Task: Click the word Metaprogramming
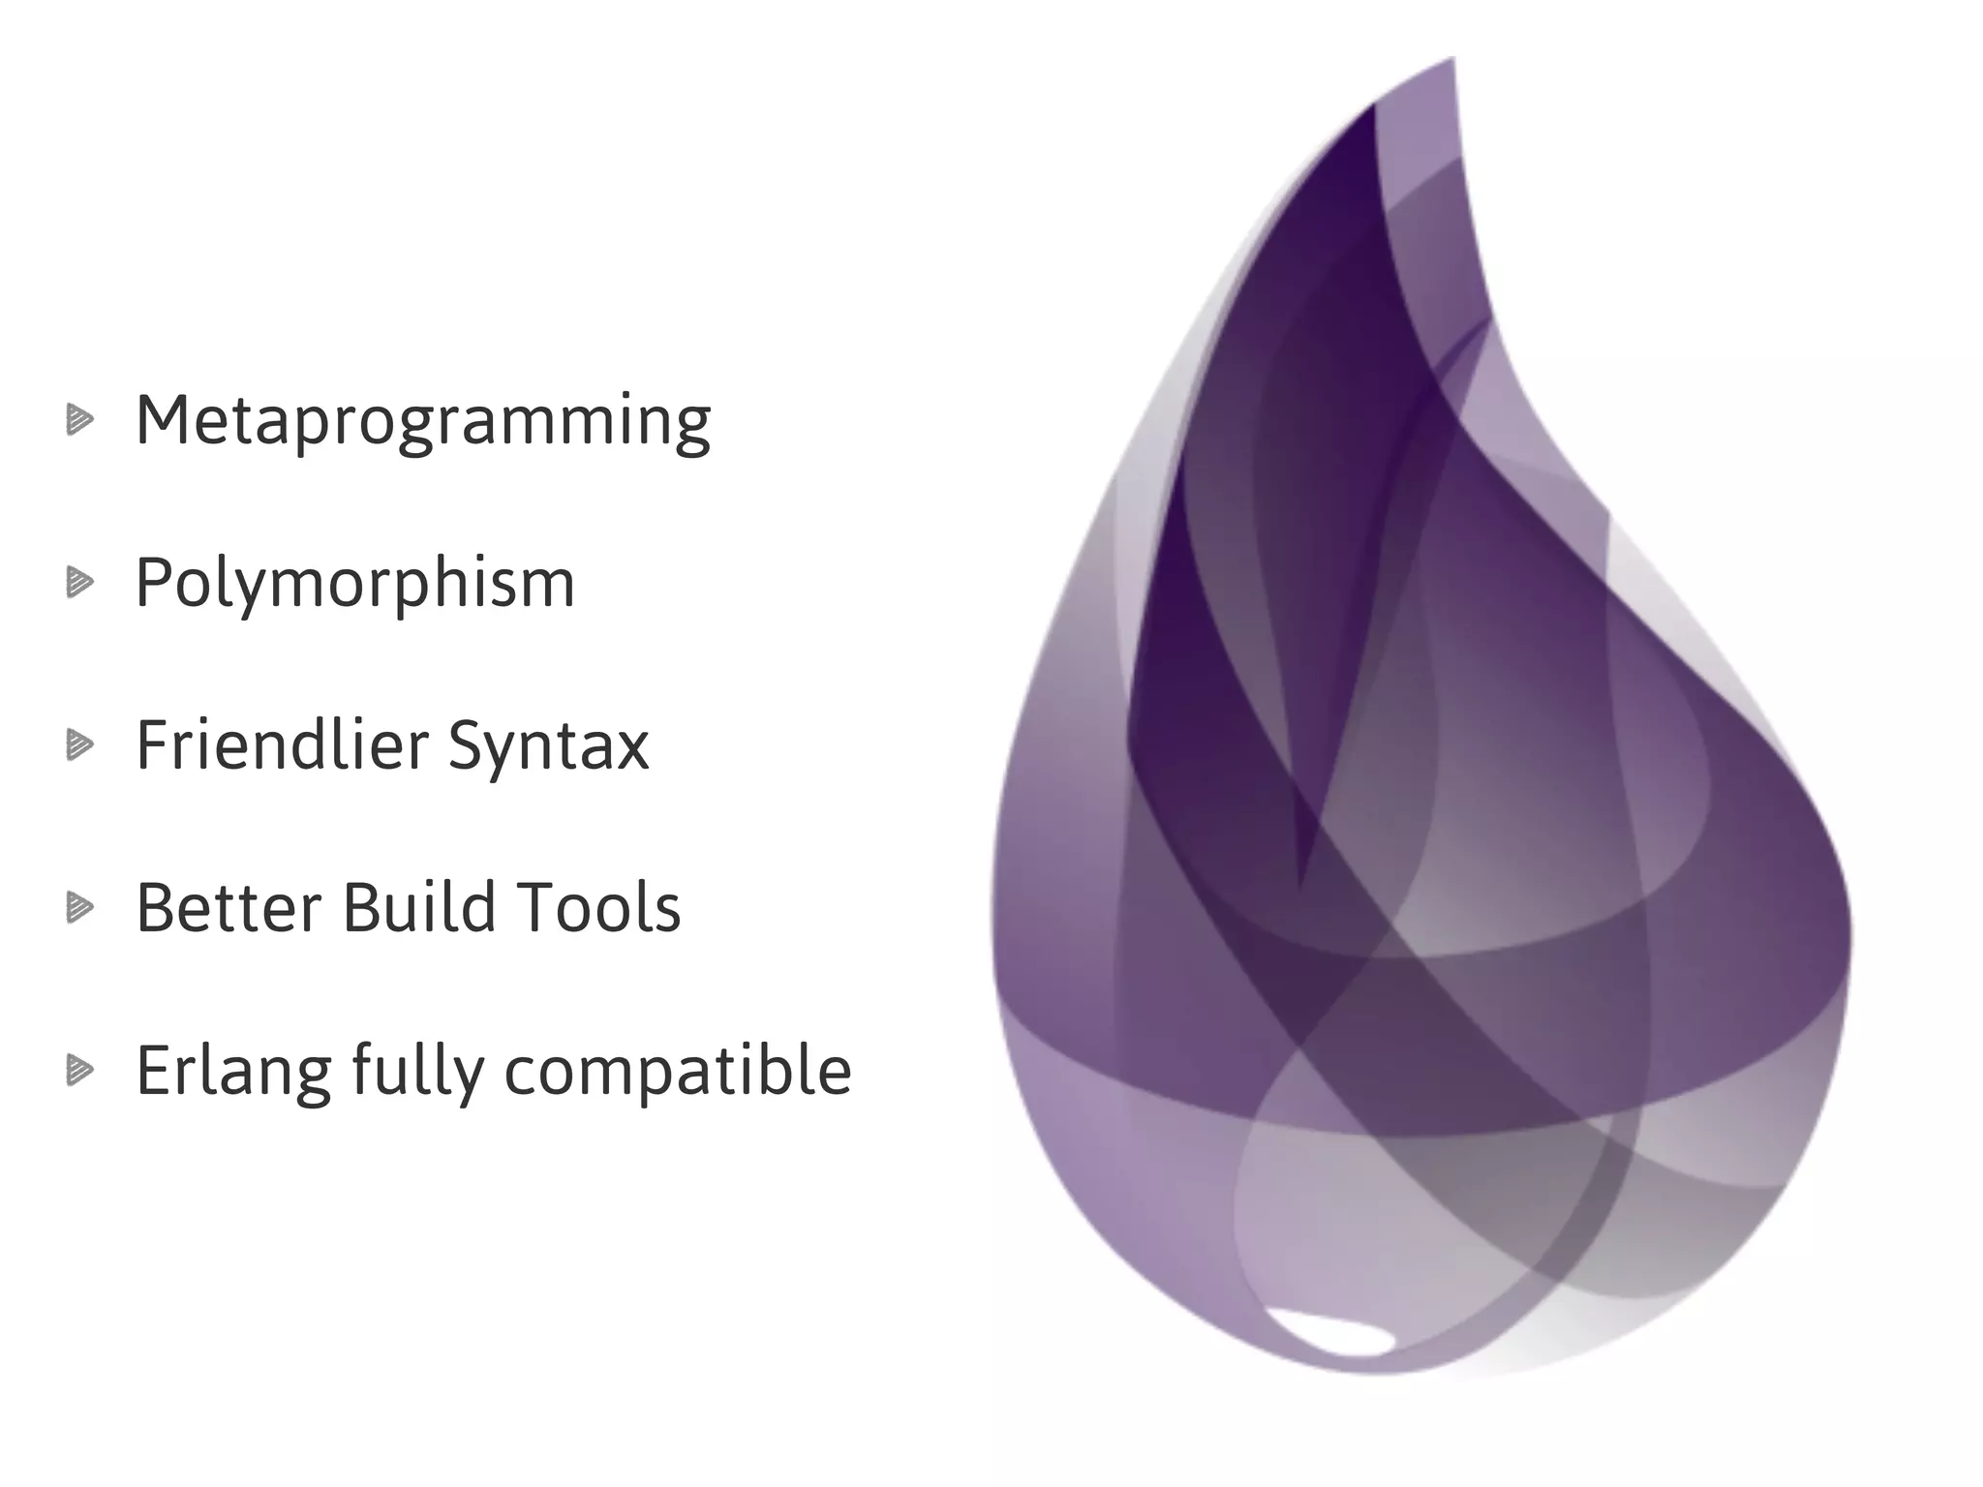point(423,422)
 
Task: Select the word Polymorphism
point(354,584)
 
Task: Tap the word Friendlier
point(282,745)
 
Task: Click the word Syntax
point(548,747)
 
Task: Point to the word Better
point(228,908)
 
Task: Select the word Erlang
point(232,1072)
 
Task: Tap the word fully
point(417,1072)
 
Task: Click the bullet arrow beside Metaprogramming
point(80,420)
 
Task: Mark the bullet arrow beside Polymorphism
point(80,583)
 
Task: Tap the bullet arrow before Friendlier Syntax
point(80,745)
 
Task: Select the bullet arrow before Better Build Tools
point(80,908)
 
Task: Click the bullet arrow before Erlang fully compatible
point(80,1071)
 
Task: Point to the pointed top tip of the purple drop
point(1452,60)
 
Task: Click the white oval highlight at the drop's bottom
point(1330,1332)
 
